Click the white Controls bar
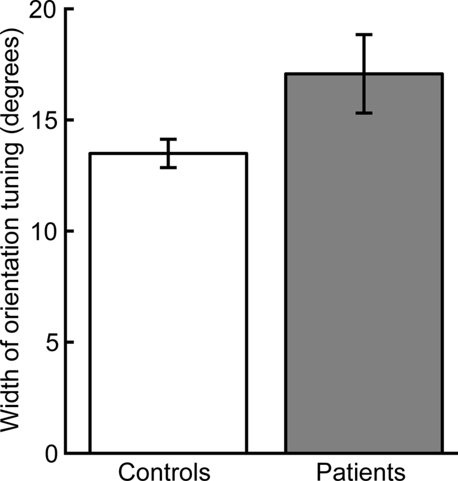(x=168, y=304)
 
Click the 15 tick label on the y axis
(x=43, y=120)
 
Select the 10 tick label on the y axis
(x=43, y=231)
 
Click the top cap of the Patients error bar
(x=364, y=35)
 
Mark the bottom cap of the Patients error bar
(x=364, y=113)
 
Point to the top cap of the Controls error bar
(x=168, y=139)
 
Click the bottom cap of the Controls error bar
(x=168, y=167)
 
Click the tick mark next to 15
(x=69, y=120)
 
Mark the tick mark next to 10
(x=69, y=231)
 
